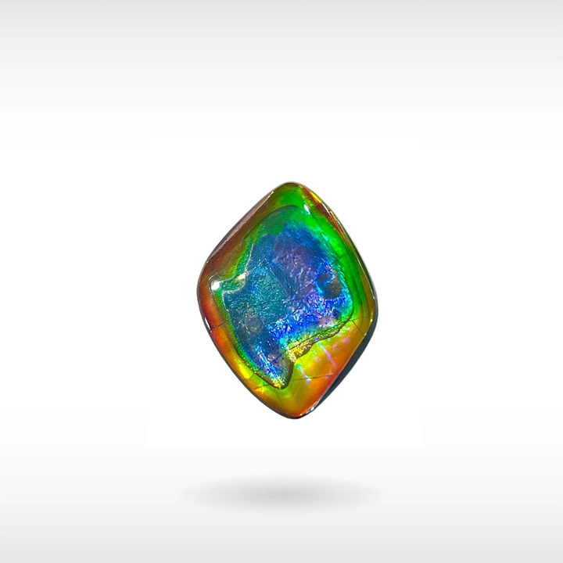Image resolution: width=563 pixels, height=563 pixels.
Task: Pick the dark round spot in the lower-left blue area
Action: [252, 323]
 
